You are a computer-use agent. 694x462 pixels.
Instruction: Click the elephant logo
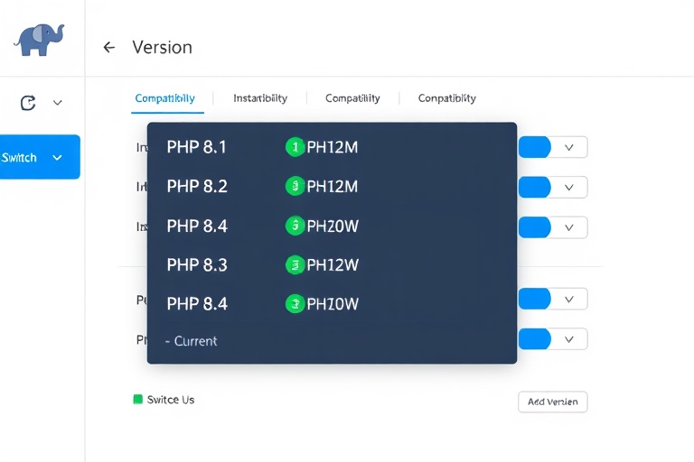click(41, 40)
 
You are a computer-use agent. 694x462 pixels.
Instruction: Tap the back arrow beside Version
click(109, 47)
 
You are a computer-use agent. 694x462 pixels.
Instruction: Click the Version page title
click(162, 47)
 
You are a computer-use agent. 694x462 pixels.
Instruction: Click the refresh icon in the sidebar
click(28, 103)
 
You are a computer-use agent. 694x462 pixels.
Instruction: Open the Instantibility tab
click(260, 98)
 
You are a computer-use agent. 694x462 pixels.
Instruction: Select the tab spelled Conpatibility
click(446, 98)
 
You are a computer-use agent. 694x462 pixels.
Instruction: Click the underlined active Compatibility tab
click(164, 98)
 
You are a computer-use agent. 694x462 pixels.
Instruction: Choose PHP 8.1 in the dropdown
click(197, 147)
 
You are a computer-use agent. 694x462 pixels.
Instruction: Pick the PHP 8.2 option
click(197, 187)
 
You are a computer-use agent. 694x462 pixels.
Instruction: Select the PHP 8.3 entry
click(197, 265)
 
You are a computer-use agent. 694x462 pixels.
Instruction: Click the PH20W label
click(333, 226)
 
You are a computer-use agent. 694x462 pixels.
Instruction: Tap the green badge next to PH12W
click(295, 265)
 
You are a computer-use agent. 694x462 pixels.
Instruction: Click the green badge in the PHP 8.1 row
click(295, 147)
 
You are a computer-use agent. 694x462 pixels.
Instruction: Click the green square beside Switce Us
click(138, 399)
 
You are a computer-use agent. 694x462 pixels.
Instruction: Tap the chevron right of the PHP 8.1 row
click(569, 147)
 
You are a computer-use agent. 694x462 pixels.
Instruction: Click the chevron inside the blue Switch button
click(58, 158)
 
